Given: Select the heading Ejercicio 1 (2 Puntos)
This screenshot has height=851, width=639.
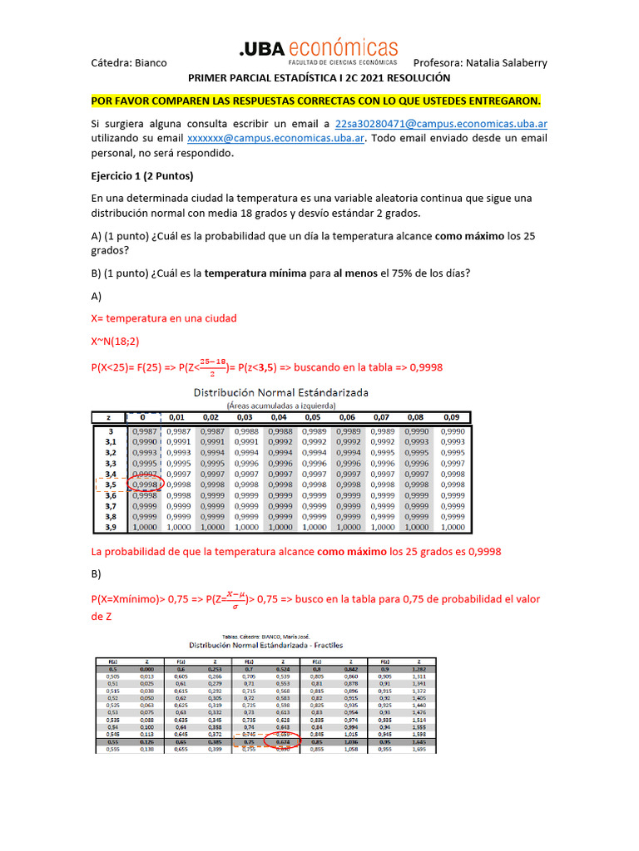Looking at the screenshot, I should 141,176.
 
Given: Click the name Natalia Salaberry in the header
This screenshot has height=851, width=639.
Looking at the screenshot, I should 507,63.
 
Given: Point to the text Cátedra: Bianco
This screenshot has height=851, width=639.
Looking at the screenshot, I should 129,63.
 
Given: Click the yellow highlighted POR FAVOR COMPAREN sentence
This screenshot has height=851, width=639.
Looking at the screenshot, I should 315,101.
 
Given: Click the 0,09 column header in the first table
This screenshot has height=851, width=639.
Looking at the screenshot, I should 452,417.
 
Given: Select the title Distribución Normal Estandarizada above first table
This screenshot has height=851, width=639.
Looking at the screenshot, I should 281,391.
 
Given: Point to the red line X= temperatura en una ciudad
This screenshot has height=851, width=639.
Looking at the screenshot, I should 163,318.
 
